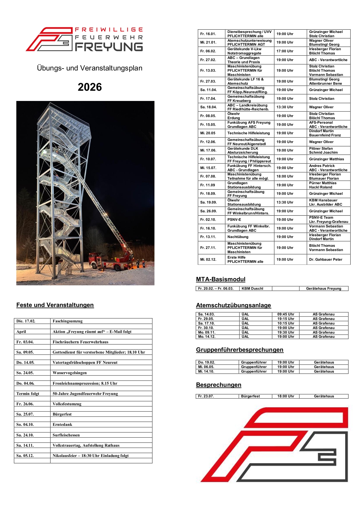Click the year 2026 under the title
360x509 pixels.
tap(90, 87)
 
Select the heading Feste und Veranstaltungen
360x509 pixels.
tap(55, 305)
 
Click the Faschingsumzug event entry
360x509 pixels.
tap(67, 321)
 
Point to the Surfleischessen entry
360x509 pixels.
tap(66, 435)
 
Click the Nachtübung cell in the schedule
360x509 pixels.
tap(238, 237)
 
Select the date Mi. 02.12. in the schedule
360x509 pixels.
tap(208, 259)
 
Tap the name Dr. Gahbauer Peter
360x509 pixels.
tap(326, 259)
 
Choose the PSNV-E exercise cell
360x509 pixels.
tap(234, 220)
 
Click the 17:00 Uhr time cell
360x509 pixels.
tap(285, 51)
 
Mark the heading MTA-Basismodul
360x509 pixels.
tap(221, 279)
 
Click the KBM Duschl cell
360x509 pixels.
tap(252, 289)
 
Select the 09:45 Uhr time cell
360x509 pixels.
tap(286, 314)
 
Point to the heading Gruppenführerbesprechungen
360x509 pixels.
tap(240, 350)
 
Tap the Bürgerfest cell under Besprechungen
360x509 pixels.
tap(250, 396)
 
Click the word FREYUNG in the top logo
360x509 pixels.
tap(109, 47)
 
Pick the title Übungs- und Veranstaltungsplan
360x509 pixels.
tap(90, 68)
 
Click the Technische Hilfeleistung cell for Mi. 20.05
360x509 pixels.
tap(248, 133)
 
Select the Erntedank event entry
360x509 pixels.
tap(62, 424)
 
